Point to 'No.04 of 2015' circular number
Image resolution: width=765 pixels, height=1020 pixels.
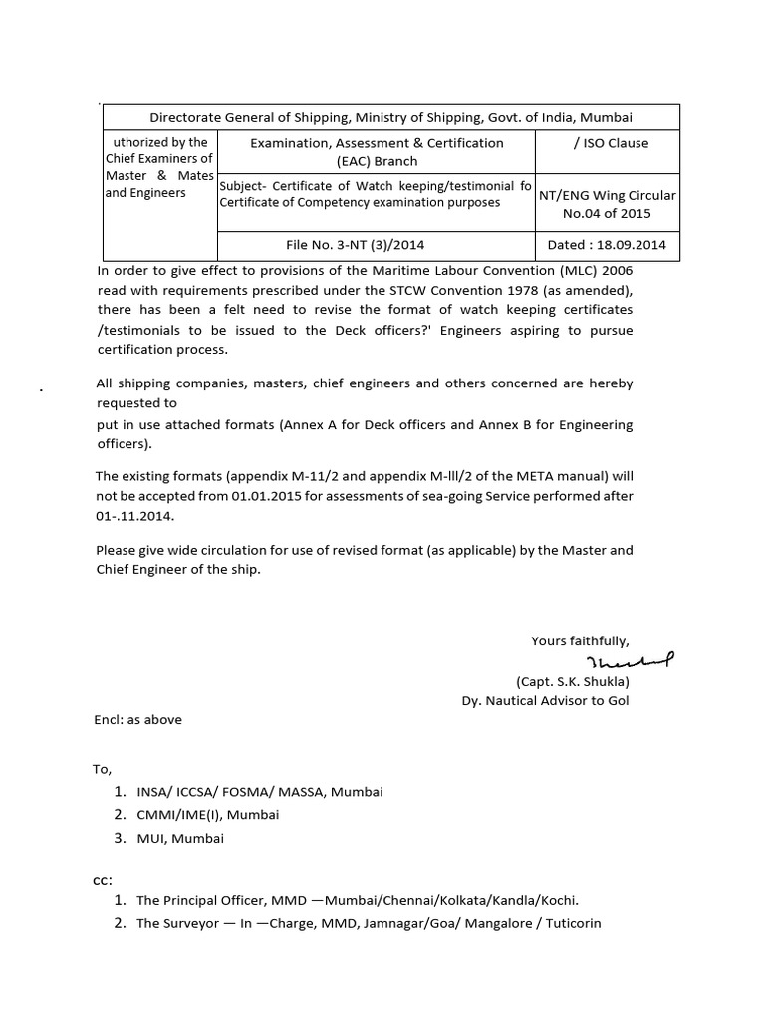coord(607,213)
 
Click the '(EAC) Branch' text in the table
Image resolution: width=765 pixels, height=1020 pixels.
coord(377,161)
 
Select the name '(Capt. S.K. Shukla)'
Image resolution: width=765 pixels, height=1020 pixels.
coord(572,682)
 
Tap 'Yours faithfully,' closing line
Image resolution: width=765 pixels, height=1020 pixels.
coord(580,640)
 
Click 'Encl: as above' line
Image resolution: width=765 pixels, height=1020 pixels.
coord(138,719)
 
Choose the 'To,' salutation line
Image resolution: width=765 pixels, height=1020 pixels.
coord(105,769)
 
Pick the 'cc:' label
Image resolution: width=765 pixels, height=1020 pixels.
coord(105,879)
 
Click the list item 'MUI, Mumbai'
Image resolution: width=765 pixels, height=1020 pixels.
coord(180,838)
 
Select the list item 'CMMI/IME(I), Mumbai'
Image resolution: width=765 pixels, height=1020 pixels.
coord(208,815)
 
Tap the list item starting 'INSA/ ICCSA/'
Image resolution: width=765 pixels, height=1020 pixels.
coord(259,792)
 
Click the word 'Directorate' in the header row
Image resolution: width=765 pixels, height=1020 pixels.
coord(189,118)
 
